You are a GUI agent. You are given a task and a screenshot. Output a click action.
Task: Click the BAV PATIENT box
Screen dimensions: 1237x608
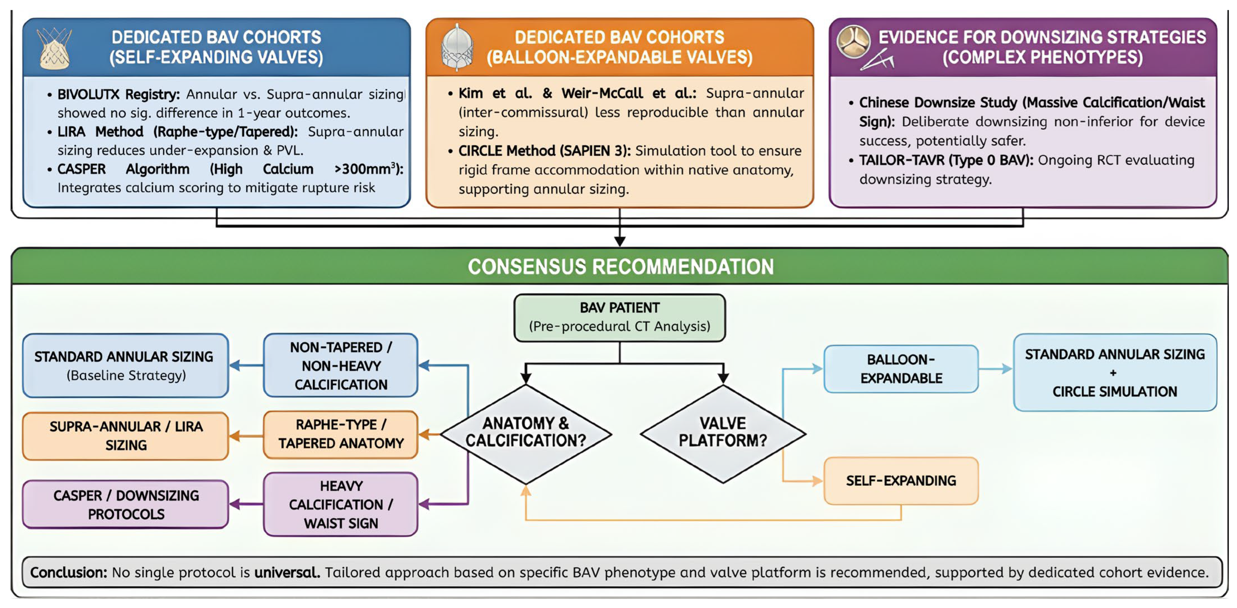620,318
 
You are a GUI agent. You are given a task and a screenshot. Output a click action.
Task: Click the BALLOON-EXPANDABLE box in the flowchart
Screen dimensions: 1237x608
901,369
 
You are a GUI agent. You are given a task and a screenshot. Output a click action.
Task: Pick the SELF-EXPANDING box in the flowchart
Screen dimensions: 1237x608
901,480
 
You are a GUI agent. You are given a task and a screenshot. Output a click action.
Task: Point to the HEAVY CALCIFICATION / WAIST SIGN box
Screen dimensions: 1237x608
340,504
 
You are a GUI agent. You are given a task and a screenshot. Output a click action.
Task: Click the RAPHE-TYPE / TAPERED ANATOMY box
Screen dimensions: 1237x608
340,434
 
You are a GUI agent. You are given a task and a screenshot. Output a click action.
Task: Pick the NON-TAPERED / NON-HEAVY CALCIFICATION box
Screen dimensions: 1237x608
340,365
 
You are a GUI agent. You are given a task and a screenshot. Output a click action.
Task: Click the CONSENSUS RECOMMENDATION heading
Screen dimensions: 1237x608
621,267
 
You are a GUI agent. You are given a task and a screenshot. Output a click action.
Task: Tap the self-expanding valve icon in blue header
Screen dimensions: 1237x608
54,48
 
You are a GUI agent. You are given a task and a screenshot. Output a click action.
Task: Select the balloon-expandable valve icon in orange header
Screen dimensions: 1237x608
457,47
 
